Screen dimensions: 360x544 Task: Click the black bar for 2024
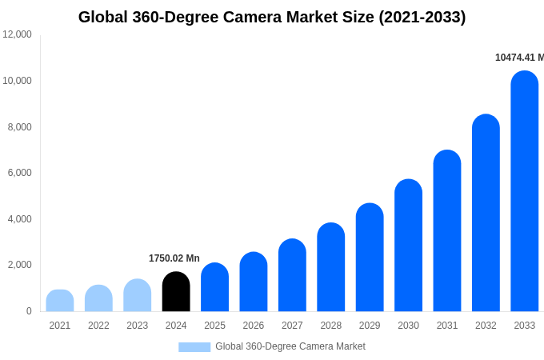(x=176, y=292)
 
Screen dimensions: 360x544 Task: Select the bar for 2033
(x=525, y=192)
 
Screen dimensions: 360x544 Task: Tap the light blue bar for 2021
(x=60, y=301)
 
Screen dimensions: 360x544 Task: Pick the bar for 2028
(x=331, y=267)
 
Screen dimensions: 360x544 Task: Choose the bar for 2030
(x=408, y=246)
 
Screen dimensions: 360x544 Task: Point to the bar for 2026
(x=254, y=282)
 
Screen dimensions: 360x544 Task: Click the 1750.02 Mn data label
(x=174, y=258)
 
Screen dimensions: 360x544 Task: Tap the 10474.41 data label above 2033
(x=519, y=58)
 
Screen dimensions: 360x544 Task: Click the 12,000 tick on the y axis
(x=18, y=34)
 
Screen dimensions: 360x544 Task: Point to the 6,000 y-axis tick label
(x=18, y=173)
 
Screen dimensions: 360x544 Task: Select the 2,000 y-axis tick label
(x=18, y=265)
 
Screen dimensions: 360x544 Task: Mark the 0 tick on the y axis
(x=29, y=311)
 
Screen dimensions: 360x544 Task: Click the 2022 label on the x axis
(x=98, y=326)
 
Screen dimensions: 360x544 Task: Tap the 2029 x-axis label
(x=370, y=326)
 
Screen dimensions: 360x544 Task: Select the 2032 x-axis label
(x=486, y=326)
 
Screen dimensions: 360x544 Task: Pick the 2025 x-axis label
(x=214, y=326)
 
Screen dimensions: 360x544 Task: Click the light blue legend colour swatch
(x=194, y=347)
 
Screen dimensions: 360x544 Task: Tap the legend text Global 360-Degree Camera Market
(x=290, y=346)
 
